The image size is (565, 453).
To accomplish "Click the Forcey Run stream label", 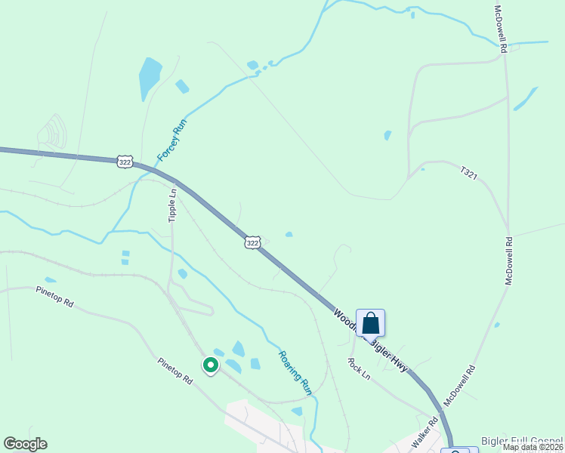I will (171, 140).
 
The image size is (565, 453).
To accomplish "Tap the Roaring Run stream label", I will (295, 372).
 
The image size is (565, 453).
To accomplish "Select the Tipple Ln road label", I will (172, 205).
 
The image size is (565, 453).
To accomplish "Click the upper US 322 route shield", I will (125, 161).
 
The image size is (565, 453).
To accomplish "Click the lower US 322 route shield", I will (253, 242).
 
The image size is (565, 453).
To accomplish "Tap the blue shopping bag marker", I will (370, 323).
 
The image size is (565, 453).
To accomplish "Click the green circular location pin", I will (211, 365).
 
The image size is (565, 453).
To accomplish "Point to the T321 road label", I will (470, 173).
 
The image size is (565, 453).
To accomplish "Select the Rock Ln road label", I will (360, 368).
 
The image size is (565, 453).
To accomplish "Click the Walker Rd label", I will (425, 432).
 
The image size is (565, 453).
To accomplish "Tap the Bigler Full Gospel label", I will (523, 440).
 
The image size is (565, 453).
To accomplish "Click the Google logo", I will (25, 444).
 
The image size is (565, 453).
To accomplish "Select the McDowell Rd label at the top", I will (499, 28).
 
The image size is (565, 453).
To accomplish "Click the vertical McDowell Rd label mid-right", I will (509, 260).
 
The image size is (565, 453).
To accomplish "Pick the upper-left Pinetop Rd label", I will (54, 296).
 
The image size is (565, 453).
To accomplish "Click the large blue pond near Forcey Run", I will (150, 79).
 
